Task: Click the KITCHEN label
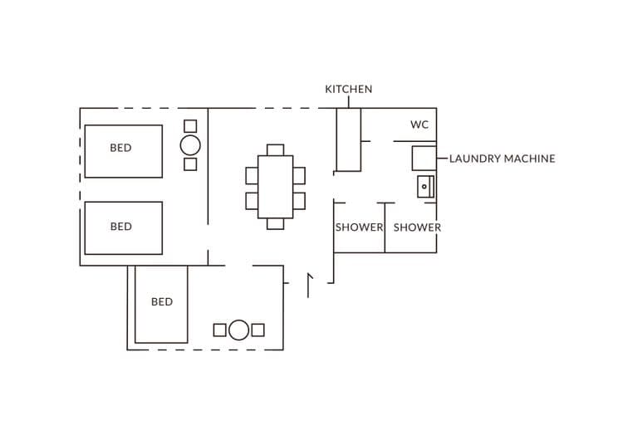coord(348,89)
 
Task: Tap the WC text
coord(419,125)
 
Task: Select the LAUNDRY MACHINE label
coord(502,159)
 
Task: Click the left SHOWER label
coord(359,227)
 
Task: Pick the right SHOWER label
coord(417,227)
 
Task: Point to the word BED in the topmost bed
coord(120,149)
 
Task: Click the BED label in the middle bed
coord(120,227)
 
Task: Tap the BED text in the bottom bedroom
coord(162,302)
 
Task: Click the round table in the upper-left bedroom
coord(190,145)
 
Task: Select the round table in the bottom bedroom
coord(238,330)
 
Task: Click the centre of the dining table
coord(275,187)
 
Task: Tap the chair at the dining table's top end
coord(275,149)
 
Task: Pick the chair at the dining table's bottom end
coord(275,224)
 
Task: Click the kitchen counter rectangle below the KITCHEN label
coord(348,139)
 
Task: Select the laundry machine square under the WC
coord(424,159)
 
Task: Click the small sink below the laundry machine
coord(425,187)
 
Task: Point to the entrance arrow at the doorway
coord(309,284)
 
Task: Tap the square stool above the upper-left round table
coord(190,126)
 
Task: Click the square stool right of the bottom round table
coord(258,330)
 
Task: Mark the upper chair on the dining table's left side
coord(252,175)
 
